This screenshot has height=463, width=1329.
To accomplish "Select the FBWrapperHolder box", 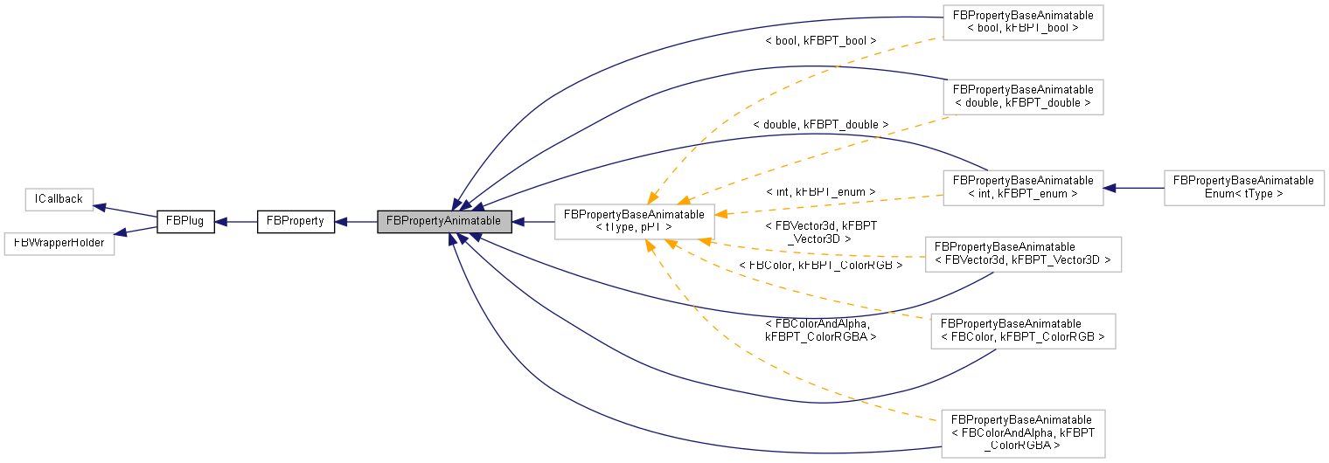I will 59,242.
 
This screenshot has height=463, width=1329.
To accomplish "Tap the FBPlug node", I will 184,221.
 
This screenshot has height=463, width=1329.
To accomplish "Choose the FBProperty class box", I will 296,221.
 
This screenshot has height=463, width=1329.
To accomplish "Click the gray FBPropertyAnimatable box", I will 444,221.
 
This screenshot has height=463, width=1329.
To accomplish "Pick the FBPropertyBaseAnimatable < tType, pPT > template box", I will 635,221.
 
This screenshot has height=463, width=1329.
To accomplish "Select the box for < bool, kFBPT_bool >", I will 1021,22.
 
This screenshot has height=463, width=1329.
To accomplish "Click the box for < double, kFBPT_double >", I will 1022,96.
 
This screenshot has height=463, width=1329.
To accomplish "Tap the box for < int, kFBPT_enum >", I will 1022,187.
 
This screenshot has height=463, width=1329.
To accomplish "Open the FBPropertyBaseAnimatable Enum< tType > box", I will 1243,187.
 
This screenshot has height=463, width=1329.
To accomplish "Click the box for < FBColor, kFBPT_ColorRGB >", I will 1023,330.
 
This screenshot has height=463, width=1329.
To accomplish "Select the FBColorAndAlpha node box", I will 1021,432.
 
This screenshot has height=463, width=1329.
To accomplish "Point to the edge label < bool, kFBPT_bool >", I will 820,41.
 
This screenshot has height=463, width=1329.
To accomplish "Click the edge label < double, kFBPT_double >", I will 820,125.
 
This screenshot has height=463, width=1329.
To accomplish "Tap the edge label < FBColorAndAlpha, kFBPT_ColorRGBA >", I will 820,329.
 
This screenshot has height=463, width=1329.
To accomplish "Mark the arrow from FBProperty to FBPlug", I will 236,221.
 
